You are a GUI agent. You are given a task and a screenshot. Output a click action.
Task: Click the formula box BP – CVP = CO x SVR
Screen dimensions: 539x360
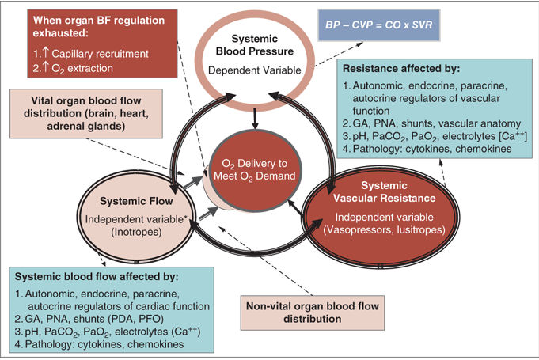379,25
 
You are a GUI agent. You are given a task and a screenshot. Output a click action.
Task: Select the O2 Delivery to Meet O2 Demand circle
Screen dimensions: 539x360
255,170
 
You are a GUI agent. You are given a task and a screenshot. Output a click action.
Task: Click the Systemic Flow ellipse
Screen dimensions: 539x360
136,217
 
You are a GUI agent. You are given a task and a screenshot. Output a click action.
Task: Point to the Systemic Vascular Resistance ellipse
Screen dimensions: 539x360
381,217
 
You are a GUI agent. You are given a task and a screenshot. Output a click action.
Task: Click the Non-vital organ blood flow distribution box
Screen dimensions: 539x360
313,313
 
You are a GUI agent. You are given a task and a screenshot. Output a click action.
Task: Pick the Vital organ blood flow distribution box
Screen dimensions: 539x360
86,114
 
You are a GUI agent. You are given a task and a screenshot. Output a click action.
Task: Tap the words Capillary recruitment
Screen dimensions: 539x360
100,54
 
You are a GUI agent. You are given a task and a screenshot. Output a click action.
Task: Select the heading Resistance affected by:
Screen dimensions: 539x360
401,68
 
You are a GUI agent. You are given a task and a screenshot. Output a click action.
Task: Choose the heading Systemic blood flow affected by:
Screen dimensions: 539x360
97,276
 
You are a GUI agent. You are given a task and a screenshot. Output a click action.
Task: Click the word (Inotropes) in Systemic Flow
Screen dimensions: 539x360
136,232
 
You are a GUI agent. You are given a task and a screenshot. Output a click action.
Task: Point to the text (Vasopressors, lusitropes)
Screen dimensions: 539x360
384,229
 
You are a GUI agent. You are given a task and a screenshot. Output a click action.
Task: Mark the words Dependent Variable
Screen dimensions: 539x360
255,70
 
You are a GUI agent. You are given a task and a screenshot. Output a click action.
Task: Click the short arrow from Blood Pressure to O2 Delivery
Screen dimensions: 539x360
255,119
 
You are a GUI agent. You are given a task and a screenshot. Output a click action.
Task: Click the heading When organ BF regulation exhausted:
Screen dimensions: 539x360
99,26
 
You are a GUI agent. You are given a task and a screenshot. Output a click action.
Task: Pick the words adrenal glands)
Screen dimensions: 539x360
86,126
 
